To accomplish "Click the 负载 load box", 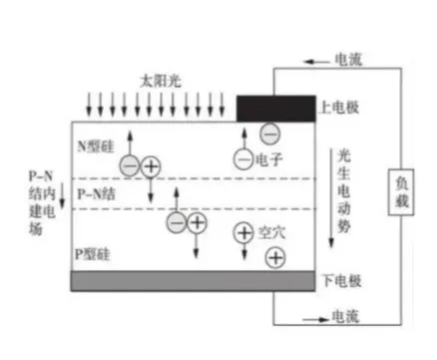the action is click(x=402, y=190).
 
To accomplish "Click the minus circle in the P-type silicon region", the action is click(x=177, y=222).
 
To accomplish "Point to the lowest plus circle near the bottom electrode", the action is click(x=273, y=258).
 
